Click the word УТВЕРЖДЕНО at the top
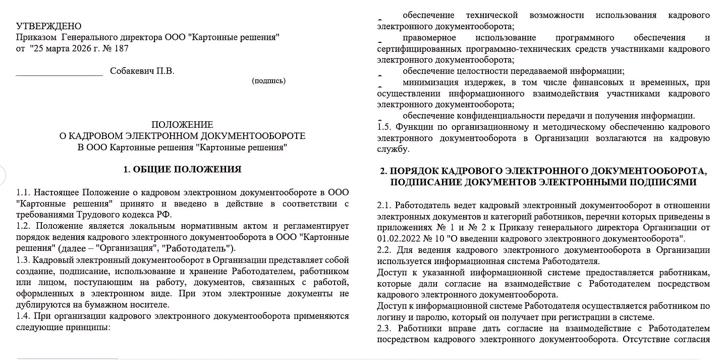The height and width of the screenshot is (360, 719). pos(48,26)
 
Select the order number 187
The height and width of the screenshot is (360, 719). pos(122,48)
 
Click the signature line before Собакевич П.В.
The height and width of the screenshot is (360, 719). pos(59,74)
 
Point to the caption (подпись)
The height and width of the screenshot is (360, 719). pos(268,81)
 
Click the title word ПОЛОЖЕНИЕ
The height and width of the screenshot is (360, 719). pos(182,125)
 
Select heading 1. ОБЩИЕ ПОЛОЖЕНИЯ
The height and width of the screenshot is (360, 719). pos(182,169)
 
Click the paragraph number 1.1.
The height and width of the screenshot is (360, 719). pos(24,193)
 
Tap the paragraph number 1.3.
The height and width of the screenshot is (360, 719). pos(24,260)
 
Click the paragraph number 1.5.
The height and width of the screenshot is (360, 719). pos(384,127)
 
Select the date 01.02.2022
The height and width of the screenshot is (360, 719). pos(396,239)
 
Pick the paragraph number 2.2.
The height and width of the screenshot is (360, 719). pos(384,250)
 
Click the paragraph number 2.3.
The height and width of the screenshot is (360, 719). pos(384,329)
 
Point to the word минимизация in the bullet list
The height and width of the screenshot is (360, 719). pos(430,82)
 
